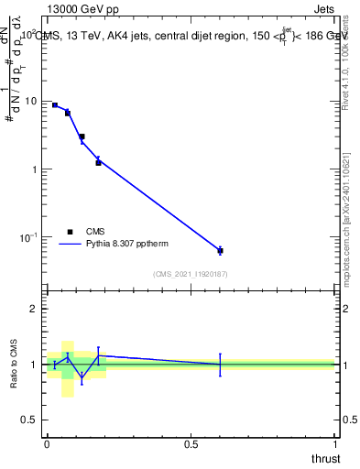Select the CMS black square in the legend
coord(71,232)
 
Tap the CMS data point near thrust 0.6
coord(220,250)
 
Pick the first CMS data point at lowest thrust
coord(55,105)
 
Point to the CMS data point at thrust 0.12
coord(82,136)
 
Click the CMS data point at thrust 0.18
coord(98,162)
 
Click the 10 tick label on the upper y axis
coord(34,102)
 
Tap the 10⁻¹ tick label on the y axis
coord(31,237)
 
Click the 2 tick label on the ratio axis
coord(37,310)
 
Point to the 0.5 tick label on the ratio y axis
coord(33,420)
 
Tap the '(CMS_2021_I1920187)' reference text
coord(191,274)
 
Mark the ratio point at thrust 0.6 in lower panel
coord(220,365)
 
